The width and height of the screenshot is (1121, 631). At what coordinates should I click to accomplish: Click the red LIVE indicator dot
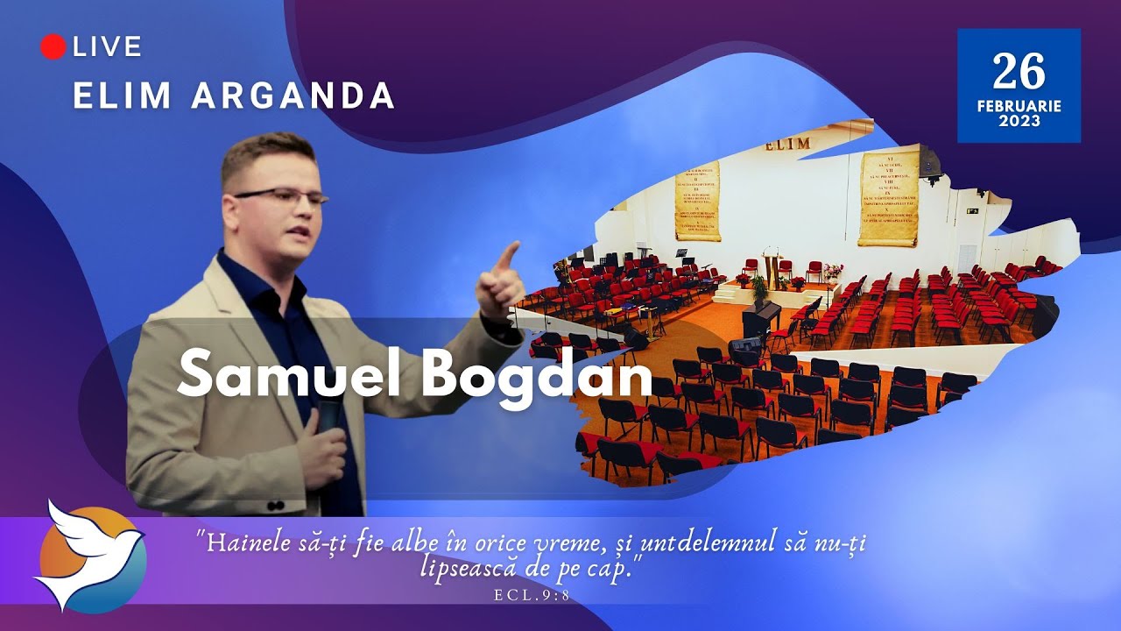[53, 47]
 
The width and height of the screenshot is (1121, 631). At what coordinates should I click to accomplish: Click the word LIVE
[108, 47]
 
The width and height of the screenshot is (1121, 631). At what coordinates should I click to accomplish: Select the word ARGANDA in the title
[294, 96]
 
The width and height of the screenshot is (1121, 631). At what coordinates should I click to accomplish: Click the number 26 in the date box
[1019, 72]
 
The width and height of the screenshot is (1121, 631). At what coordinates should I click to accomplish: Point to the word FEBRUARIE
[1019, 106]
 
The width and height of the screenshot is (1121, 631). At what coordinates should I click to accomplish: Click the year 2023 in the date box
[1019, 122]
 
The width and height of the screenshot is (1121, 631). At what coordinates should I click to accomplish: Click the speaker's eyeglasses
[280, 195]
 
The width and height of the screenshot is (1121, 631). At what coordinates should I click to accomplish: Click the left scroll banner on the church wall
[697, 201]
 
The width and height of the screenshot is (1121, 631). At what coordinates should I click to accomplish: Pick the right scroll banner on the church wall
[888, 200]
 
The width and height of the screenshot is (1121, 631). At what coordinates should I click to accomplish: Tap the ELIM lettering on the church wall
[788, 144]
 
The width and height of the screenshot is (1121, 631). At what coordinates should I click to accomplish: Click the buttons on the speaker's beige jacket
[275, 506]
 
